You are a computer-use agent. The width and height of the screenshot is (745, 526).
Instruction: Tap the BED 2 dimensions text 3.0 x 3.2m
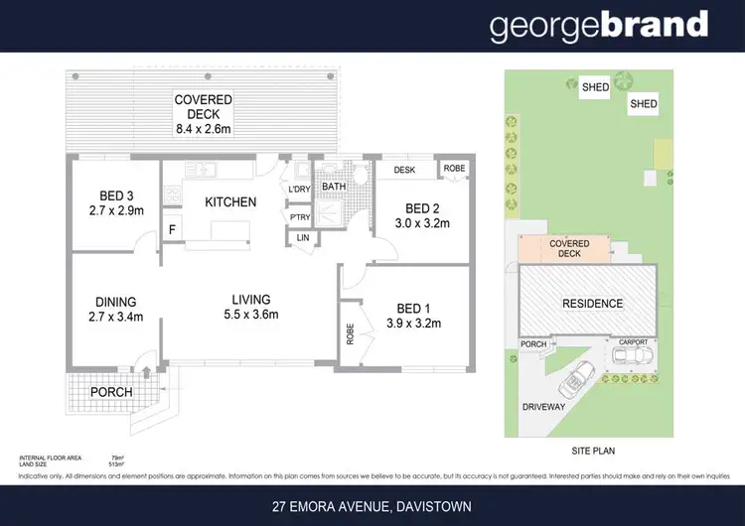(x=422, y=223)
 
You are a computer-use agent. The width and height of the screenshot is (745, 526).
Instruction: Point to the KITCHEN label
(x=230, y=202)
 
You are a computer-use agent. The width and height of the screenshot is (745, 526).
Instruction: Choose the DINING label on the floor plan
(x=116, y=302)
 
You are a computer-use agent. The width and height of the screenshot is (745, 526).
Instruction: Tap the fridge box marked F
(x=172, y=229)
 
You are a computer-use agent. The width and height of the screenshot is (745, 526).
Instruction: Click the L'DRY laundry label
(x=299, y=190)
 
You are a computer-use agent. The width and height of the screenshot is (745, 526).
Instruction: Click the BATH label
(x=334, y=186)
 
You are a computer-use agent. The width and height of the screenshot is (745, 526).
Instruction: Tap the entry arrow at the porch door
(x=147, y=373)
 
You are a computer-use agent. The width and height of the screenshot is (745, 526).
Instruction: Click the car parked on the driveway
(x=576, y=380)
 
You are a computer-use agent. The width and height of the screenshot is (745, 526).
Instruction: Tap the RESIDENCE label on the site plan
(x=592, y=304)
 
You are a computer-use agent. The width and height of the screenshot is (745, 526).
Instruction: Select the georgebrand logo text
(x=598, y=26)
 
